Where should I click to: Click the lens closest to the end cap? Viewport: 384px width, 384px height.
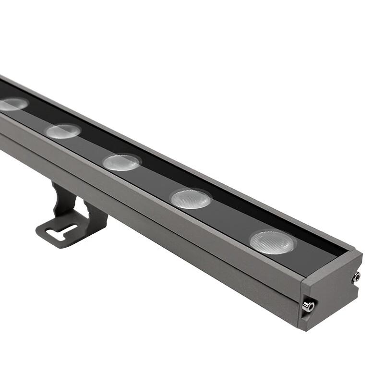[272, 242]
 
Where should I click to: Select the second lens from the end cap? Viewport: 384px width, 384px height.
[191, 198]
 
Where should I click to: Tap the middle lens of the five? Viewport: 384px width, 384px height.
[121, 162]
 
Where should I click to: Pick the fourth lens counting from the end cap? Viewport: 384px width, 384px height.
[63, 131]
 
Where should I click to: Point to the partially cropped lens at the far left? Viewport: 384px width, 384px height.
[12, 104]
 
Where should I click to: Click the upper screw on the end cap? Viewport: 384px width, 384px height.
[356, 277]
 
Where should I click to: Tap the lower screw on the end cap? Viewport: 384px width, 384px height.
[308, 306]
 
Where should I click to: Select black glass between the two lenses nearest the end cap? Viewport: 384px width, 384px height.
[230, 221]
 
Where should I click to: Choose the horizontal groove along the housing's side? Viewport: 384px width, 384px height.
[144, 216]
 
